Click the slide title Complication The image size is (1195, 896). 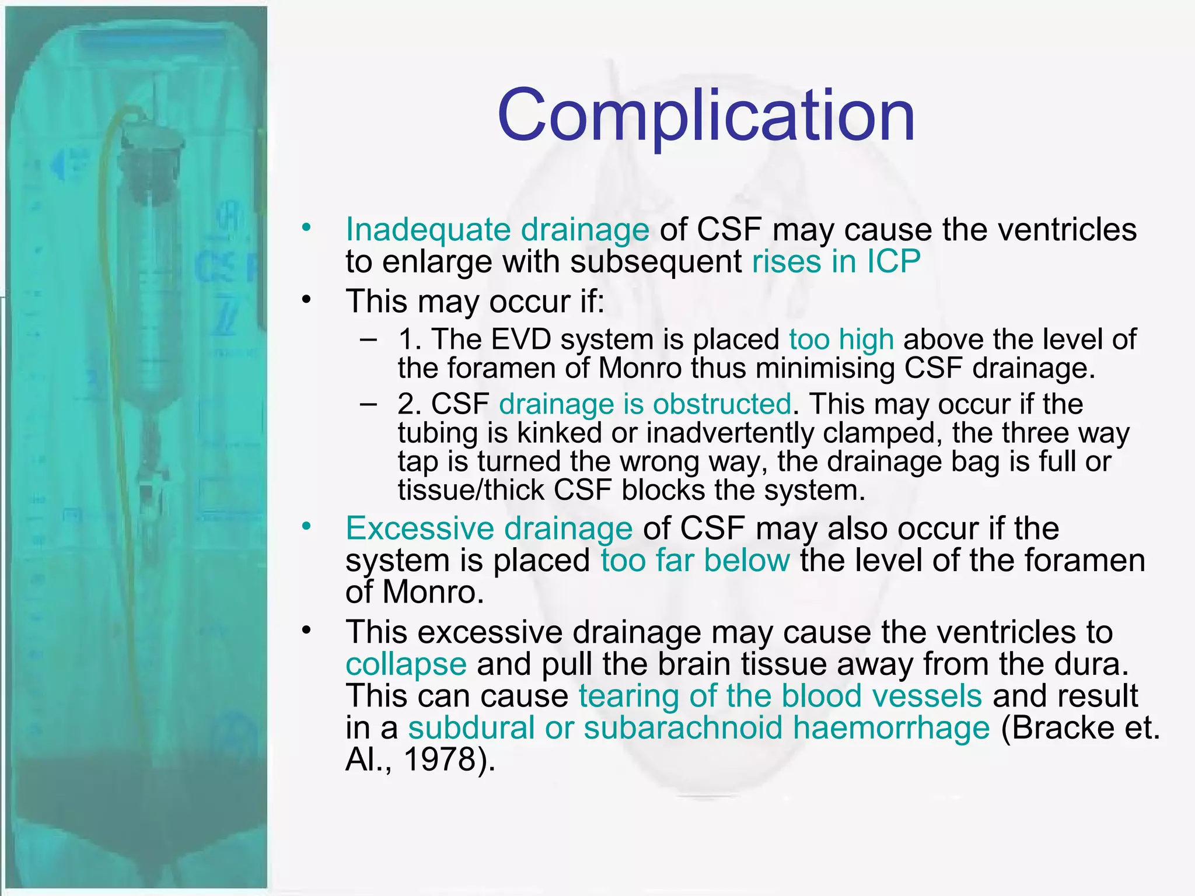[x=706, y=115]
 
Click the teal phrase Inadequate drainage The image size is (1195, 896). [x=497, y=229]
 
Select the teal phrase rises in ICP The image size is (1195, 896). [x=836, y=261]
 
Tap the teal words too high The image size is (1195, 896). [x=841, y=339]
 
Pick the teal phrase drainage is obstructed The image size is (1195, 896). [x=645, y=404]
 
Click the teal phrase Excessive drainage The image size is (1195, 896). [x=489, y=528]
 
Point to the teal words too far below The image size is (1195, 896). [x=696, y=561]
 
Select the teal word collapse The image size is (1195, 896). [x=406, y=664]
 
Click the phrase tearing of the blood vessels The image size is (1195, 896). [x=780, y=696]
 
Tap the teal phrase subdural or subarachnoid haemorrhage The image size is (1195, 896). [x=698, y=728]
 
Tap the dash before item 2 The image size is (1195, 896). [x=368, y=404]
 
